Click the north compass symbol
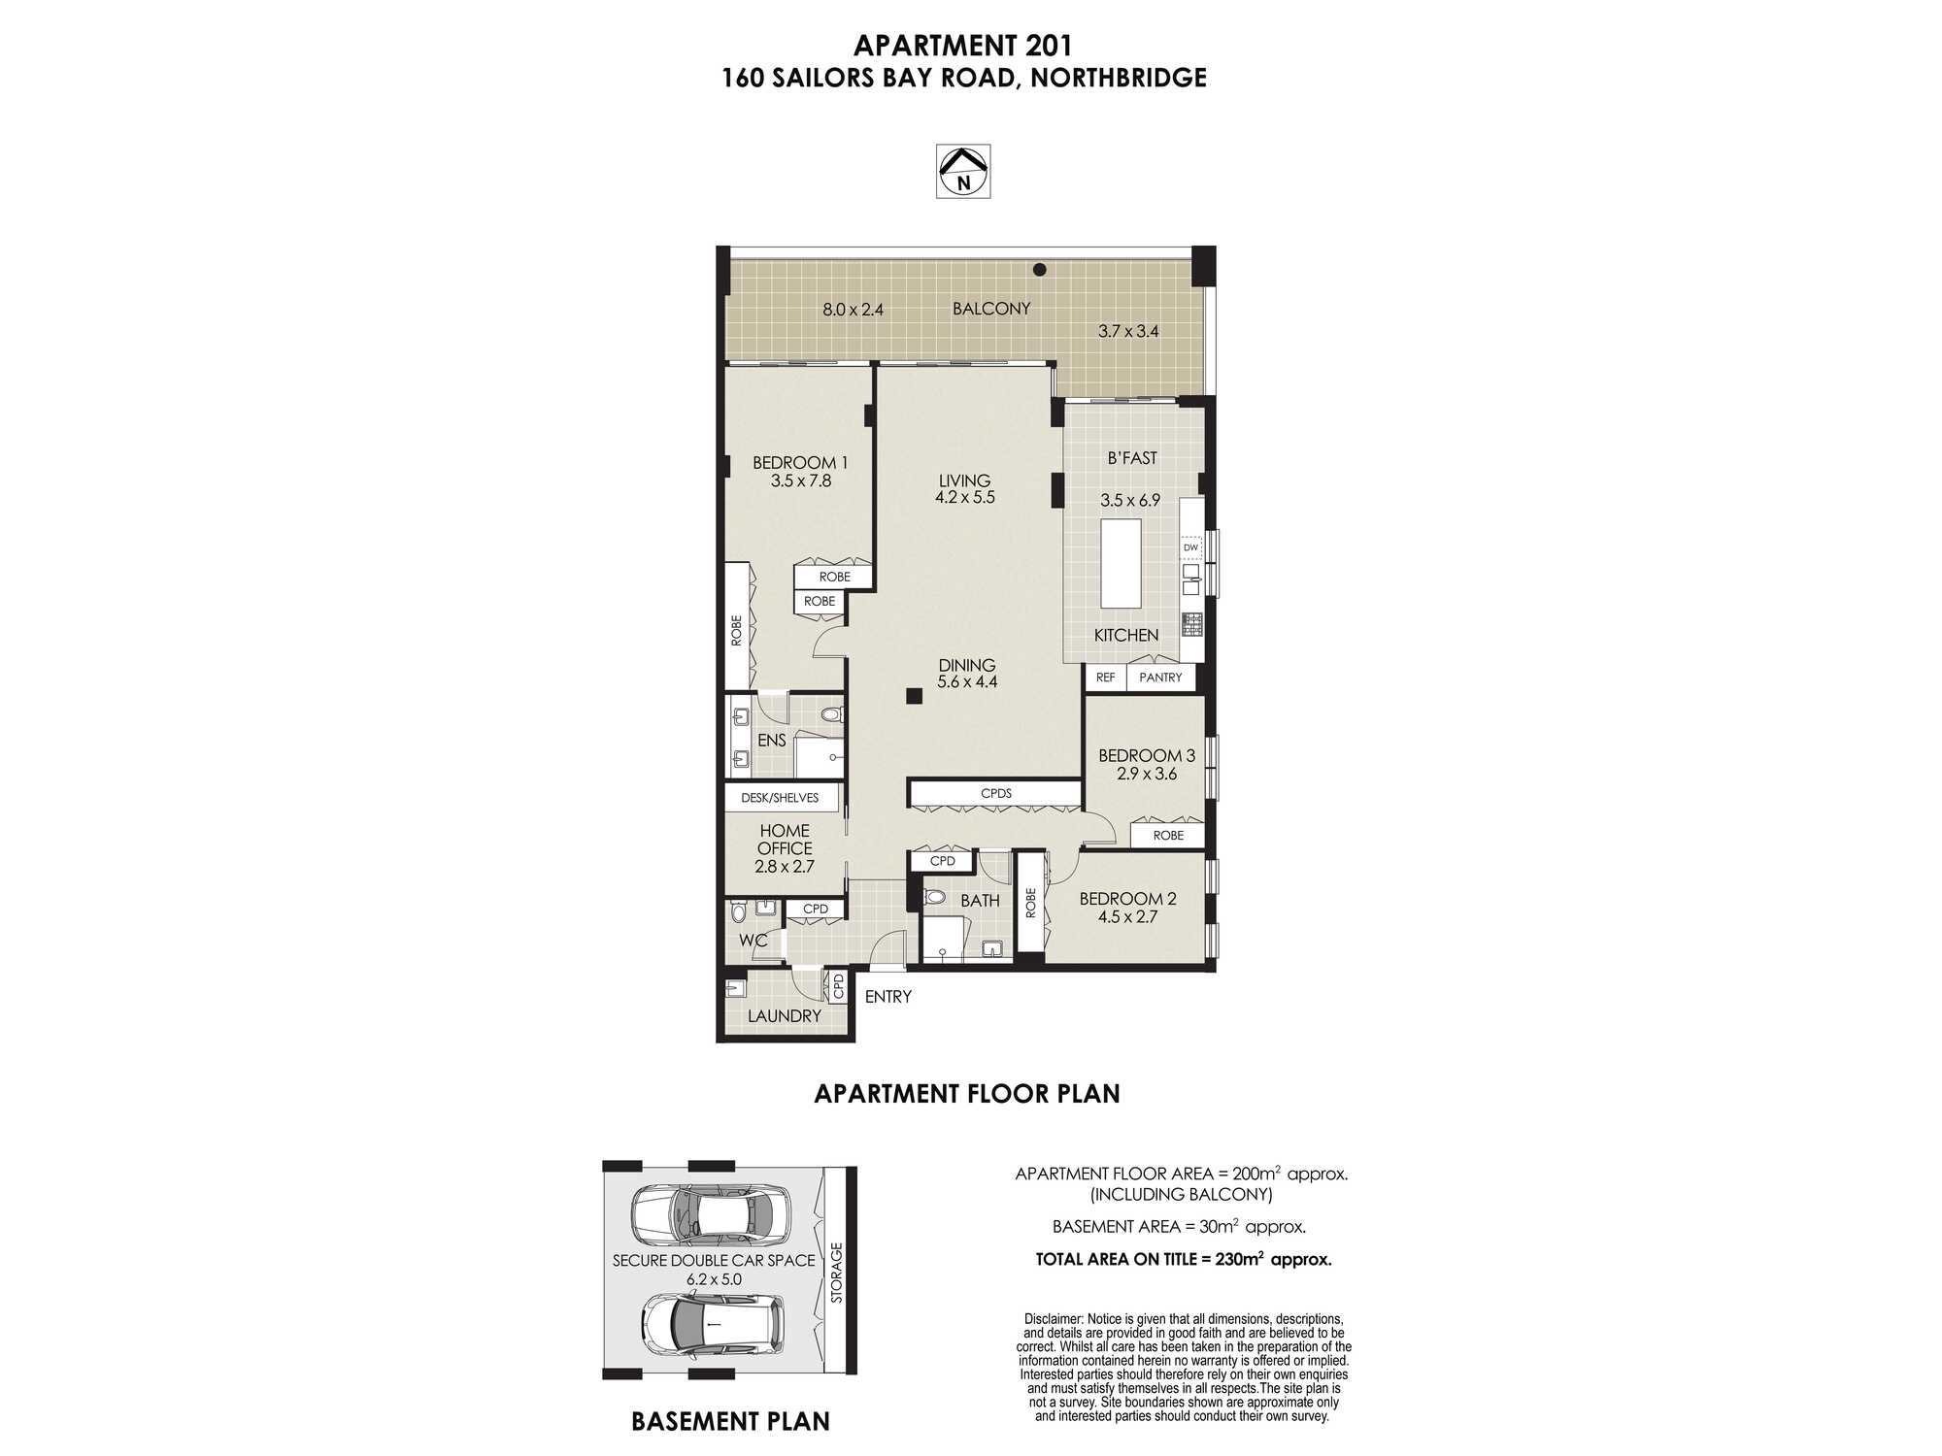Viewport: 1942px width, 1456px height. coord(962,172)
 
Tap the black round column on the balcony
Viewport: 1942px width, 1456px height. coord(1039,270)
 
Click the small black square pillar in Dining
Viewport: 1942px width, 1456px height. coord(914,695)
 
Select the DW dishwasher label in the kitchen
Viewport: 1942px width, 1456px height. coord(1190,547)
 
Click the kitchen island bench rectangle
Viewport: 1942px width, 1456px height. coord(1121,563)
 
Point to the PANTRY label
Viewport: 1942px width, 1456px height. coord(1160,678)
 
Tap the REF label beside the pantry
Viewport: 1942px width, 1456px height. coord(1105,678)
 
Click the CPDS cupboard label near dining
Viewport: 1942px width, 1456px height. coord(996,793)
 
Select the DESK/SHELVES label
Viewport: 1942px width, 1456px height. coord(780,798)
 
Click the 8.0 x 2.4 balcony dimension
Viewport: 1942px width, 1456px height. coord(853,311)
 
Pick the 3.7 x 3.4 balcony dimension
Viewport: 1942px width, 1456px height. coord(1128,331)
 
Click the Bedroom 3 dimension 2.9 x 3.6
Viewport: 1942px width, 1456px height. coord(1147,774)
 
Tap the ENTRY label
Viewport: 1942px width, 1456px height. coord(887,997)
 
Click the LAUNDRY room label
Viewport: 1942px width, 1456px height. coord(785,1016)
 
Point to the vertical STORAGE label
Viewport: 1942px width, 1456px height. coord(837,1273)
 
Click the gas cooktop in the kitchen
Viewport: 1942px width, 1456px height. coord(1191,624)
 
